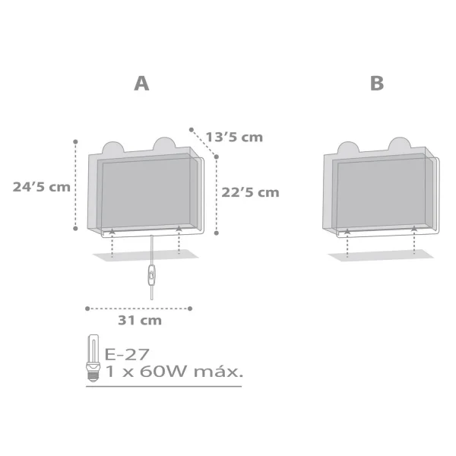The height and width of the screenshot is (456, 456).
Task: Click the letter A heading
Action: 142,84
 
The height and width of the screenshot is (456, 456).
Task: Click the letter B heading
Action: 377,84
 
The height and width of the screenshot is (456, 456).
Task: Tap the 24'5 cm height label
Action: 42,186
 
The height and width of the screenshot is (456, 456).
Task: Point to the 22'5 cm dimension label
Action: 251,192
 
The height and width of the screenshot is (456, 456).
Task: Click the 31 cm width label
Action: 141,321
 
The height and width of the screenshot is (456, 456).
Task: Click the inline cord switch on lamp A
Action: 152,276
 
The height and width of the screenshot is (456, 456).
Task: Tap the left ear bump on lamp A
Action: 112,147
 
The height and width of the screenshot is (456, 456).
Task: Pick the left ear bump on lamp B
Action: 348,147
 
